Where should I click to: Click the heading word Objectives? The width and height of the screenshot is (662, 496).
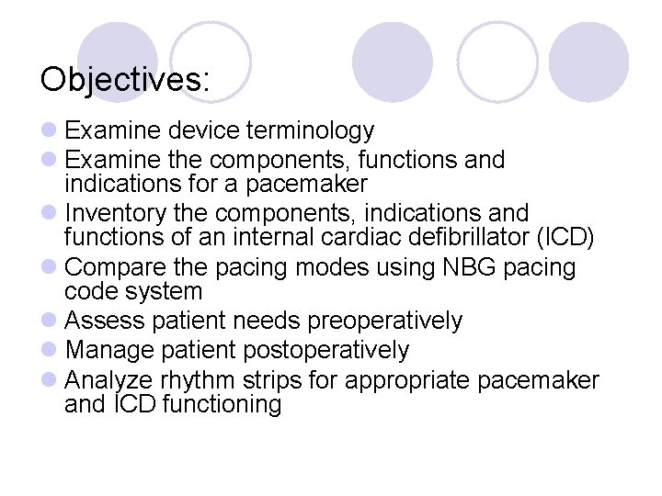124,79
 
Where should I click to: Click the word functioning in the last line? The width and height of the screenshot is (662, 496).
221,404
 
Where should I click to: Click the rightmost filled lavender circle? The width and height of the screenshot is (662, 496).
588,62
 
